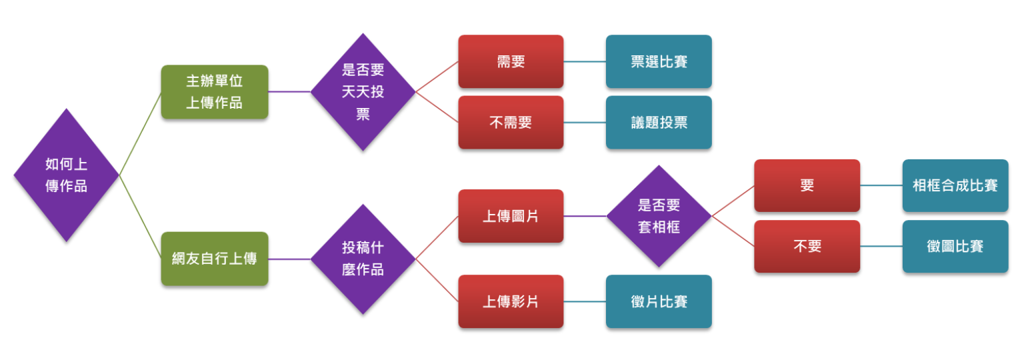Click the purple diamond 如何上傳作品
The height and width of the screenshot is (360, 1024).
[x=66, y=175]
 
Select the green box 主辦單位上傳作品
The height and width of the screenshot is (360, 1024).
[x=214, y=92]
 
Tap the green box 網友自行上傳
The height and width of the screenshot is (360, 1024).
[x=214, y=259]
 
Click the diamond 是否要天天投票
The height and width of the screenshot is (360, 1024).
[x=363, y=92]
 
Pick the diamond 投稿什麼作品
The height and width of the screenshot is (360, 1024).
[x=363, y=259]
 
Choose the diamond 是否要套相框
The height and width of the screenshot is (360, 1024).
[x=659, y=216]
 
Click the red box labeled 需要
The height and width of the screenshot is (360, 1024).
[x=511, y=61]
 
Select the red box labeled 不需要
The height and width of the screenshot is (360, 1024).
[x=511, y=123]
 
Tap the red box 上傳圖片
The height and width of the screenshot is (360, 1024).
[x=511, y=216]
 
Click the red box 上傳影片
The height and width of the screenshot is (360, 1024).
[x=511, y=301]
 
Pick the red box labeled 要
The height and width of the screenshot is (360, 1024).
[x=807, y=185]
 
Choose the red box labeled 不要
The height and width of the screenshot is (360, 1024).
[x=807, y=247]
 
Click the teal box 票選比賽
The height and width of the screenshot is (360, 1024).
[x=659, y=61]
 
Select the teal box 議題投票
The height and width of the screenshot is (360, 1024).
[x=659, y=123]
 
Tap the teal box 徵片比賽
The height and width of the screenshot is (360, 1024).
[x=659, y=301]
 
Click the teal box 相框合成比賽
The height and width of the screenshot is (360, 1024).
[x=955, y=185]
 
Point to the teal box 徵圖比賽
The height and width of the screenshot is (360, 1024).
[x=955, y=247]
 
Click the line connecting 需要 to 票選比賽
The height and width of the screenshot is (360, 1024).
[x=585, y=61]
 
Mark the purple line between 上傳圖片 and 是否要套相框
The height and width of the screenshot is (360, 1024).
[x=585, y=216]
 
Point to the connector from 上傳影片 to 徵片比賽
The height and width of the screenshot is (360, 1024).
[x=585, y=301]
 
